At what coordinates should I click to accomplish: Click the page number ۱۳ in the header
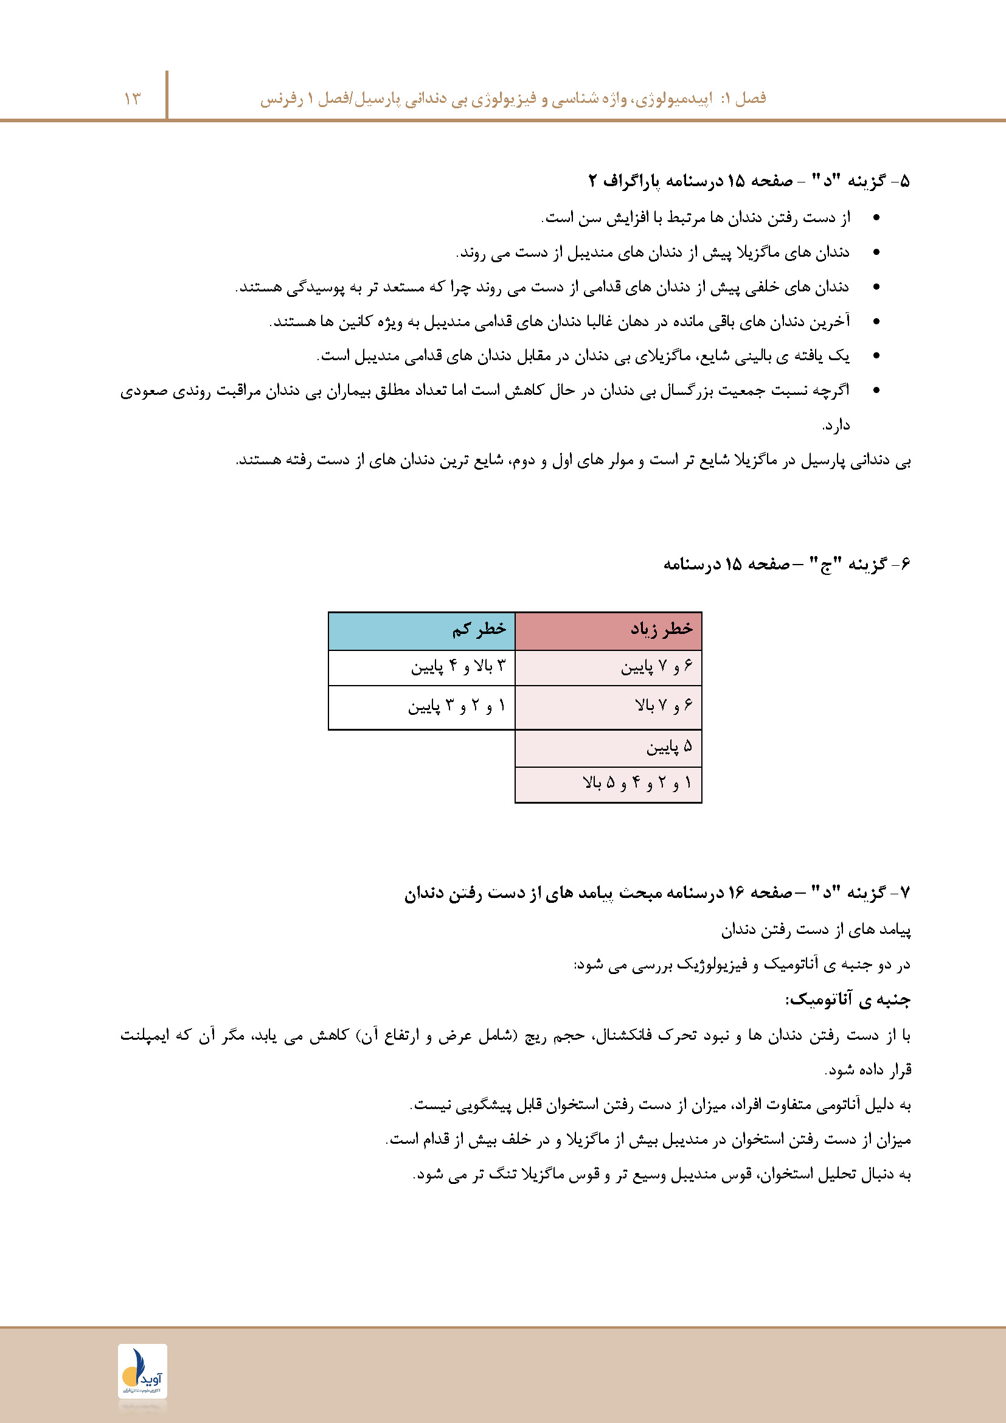(x=132, y=99)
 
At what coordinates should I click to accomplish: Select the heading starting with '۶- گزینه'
(x=786, y=564)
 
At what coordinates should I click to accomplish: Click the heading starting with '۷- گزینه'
(x=657, y=892)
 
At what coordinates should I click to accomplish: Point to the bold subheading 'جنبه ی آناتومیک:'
(x=847, y=1000)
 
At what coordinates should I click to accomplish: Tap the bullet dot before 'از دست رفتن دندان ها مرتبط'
(x=876, y=218)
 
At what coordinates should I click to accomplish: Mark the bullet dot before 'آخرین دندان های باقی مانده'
(x=876, y=321)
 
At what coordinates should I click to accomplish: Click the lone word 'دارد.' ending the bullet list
(x=836, y=425)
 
